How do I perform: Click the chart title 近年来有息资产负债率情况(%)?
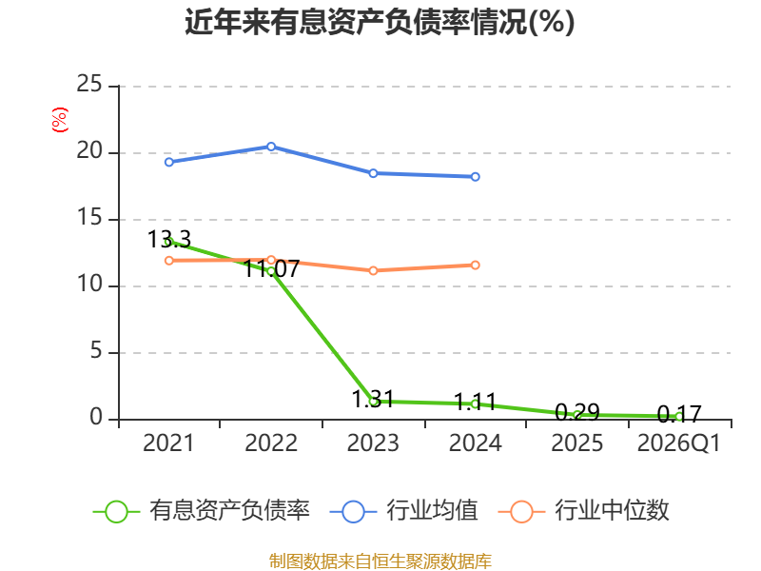click(380, 22)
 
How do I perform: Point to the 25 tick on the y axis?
click(89, 84)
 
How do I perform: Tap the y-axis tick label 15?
click(89, 217)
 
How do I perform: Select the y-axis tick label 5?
click(96, 350)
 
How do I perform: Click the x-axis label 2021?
click(168, 443)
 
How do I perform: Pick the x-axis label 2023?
click(373, 443)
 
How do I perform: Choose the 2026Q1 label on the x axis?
click(679, 443)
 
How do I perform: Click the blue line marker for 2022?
click(271, 147)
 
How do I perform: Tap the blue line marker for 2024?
click(475, 177)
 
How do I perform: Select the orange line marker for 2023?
click(373, 270)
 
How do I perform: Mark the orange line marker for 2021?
click(169, 261)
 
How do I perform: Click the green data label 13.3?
click(169, 240)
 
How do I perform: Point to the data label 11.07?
click(271, 269)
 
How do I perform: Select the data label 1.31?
click(373, 399)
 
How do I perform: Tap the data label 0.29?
click(577, 413)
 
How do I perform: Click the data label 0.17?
click(679, 414)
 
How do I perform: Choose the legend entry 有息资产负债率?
click(202, 511)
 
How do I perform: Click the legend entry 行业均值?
click(403, 511)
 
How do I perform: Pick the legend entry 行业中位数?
click(584, 511)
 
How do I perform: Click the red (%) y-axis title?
click(60, 120)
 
